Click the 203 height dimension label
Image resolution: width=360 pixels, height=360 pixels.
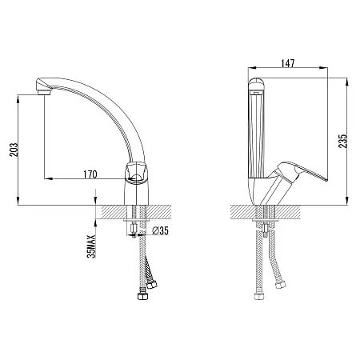pos(14,150)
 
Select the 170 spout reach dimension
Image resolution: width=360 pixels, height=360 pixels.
pos(90,174)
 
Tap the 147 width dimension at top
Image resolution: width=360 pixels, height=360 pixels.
pos(288,63)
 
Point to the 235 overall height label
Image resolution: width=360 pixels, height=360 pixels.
pos(343,141)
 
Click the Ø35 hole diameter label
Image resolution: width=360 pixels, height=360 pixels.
pos(161,230)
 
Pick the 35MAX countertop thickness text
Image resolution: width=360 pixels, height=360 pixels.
pos(91,246)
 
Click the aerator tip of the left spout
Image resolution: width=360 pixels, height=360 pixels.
pos(44,92)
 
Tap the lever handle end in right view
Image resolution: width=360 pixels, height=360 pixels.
pos(326,180)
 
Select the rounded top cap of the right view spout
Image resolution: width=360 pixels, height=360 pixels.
pos(256,84)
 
